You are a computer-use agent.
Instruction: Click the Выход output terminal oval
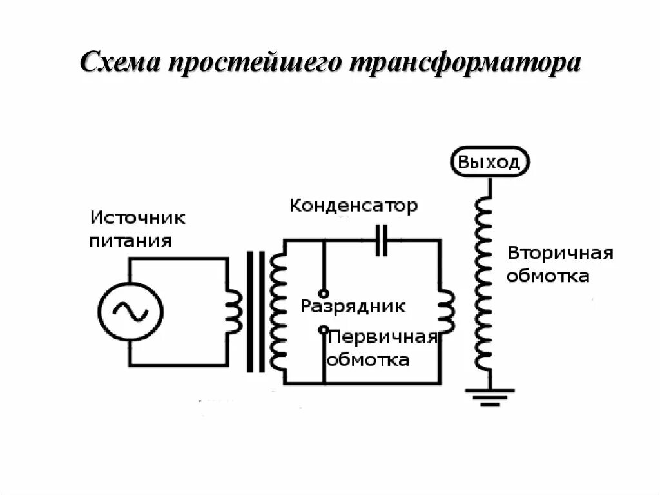click(489, 162)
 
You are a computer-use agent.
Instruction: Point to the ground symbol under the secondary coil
click(490, 395)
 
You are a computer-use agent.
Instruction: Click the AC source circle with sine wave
click(130, 312)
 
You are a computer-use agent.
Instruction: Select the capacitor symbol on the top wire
click(382, 240)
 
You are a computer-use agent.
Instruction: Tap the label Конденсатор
click(353, 207)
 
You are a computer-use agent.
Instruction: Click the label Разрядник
click(353, 306)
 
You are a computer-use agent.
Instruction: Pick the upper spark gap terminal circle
click(324, 292)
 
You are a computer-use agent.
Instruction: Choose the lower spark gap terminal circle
click(324, 330)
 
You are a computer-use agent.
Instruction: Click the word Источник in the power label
click(137, 217)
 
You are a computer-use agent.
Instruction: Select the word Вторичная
click(559, 252)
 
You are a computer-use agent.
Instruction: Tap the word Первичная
click(383, 338)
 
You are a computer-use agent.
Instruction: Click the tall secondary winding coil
click(481, 284)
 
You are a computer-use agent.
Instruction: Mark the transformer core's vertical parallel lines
click(255, 312)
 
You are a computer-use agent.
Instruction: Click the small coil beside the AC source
click(234, 312)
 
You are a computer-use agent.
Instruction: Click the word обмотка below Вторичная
click(548, 276)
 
